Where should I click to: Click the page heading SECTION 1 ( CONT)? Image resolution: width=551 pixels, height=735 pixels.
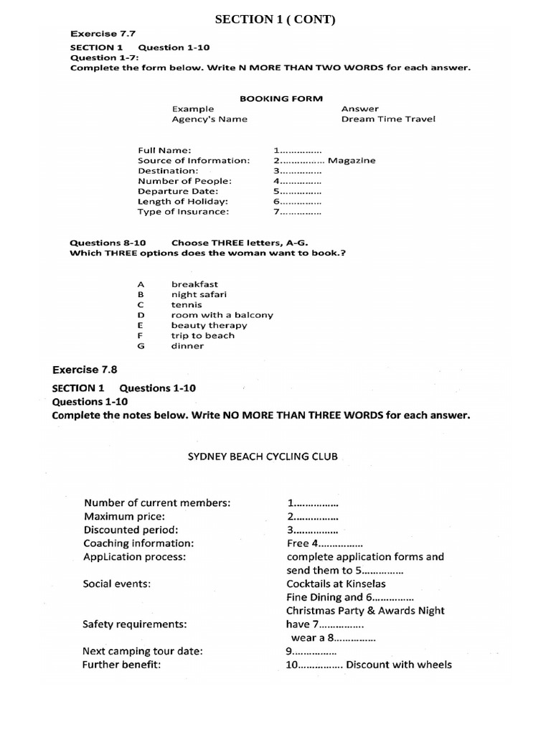pos(275,19)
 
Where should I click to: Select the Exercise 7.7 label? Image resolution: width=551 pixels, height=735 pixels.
pos(103,34)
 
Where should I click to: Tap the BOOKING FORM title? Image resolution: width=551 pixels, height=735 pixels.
pos(281,98)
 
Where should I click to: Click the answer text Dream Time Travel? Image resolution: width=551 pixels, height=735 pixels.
pos(387,119)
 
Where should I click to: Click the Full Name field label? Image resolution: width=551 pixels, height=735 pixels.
pos(164,150)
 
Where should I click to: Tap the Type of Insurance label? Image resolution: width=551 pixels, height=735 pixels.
pos(184,212)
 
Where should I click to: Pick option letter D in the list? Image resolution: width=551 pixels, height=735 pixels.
pos(141,315)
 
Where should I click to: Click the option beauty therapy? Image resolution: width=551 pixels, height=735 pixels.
pos(208,325)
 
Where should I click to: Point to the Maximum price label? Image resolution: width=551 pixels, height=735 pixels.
pos(124,516)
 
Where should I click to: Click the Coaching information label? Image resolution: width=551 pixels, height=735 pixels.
pos(138,543)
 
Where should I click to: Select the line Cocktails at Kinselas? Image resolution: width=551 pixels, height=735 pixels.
pos(336,584)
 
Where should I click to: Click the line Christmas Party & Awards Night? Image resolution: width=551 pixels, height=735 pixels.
pos(364,611)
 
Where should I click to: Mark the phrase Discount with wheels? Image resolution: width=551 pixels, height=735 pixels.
pos(399,665)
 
